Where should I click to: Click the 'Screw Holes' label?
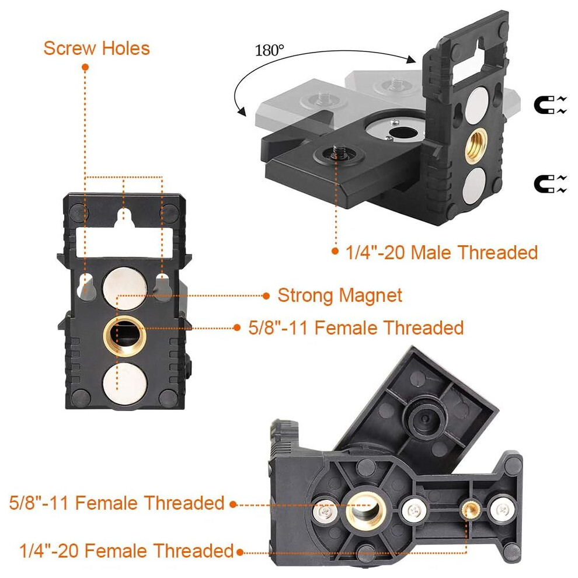pos(96,48)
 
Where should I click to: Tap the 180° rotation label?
pos(270,50)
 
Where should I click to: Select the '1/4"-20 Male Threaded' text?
pos(441,253)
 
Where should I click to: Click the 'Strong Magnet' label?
pos(339,295)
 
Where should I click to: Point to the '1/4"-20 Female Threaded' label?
pos(127,551)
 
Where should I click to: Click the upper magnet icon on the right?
pos(550,105)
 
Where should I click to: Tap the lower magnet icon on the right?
pos(550,184)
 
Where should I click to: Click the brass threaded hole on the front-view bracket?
pos(124,336)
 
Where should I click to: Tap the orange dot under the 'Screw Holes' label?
pos(85,67)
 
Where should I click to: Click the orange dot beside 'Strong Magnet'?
pos(266,295)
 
